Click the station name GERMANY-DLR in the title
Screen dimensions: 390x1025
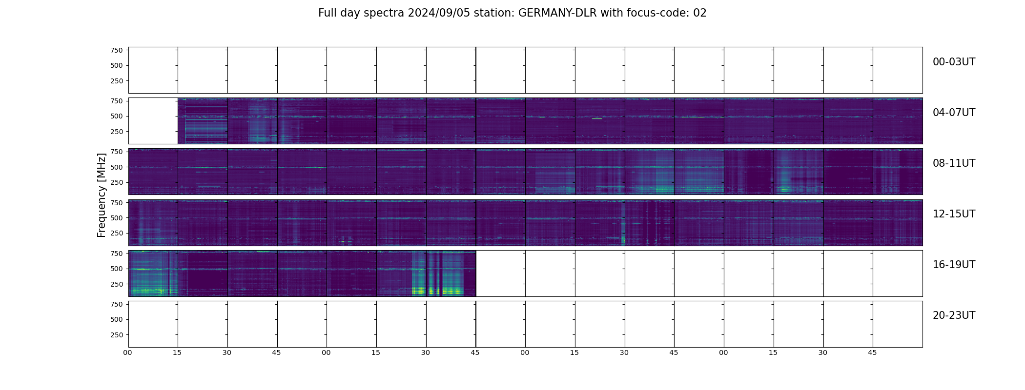pos(557,13)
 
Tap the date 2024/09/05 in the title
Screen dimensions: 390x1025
pos(439,13)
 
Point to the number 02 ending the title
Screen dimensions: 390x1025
pos(700,13)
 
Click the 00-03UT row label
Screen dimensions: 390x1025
pos(954,62)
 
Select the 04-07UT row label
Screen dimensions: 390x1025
pos(954,113)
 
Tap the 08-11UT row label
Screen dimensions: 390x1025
pos(954,163)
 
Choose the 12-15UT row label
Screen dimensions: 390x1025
pos(954,214)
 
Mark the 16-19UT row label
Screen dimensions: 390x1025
pos(954,265)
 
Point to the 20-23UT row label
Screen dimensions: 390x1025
pos(954,315)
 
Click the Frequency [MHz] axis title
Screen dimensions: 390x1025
pos(102,195)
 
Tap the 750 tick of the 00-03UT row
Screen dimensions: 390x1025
pos(116,50)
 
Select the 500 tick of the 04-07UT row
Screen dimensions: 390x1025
pos(116,117)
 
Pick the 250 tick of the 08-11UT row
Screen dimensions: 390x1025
pos(116,183)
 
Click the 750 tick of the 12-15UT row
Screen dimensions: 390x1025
pos(116,202)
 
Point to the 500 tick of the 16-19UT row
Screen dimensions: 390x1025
pos(116,269)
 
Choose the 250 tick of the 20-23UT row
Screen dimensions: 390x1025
pos(116,335)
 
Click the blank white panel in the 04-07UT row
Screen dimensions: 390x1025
pos(153,121)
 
